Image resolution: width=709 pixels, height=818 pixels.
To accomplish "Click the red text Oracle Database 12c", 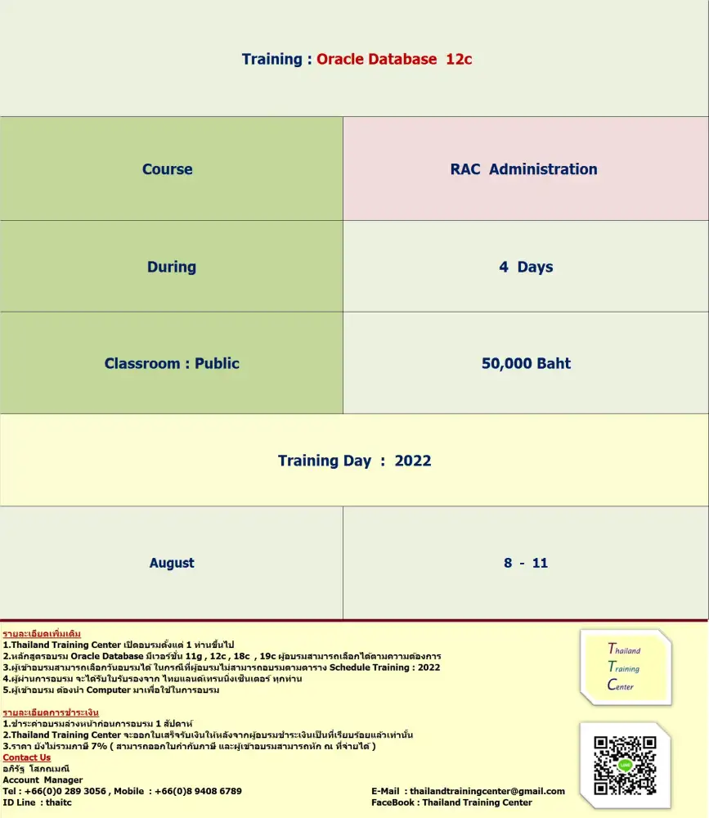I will [394, 59].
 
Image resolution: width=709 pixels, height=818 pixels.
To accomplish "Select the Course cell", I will [168, 169].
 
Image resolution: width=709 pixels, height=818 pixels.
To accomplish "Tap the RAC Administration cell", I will [523, 169].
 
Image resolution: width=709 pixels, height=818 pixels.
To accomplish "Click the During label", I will [172, 267].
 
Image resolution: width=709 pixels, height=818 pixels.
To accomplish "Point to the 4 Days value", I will [526, 267].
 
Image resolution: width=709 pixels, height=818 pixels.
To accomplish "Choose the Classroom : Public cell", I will [172, 363].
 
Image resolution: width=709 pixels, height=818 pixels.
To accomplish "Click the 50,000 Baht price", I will [526, 363].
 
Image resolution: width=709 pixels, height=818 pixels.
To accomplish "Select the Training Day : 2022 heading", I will [354, 461].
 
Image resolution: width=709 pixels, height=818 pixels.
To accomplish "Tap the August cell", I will [172, 563].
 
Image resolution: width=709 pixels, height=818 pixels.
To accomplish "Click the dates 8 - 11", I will [526, 563].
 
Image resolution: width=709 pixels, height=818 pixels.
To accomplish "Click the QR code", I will [626, 766].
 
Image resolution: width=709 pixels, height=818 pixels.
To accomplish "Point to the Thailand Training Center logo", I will [626, 667].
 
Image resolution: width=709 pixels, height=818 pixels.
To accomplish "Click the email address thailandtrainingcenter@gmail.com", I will [487, 791].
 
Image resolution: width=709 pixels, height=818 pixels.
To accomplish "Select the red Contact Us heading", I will [27, 757].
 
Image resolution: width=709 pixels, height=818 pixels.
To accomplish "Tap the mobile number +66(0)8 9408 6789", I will [200, 791].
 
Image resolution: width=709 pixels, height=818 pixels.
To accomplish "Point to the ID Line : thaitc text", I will [38, 802].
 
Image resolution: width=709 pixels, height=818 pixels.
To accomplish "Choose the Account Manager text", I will [43, 780].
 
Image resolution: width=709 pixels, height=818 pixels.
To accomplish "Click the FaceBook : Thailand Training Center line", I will [451, 802].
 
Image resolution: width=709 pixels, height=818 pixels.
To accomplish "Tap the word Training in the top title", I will [271, 59].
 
